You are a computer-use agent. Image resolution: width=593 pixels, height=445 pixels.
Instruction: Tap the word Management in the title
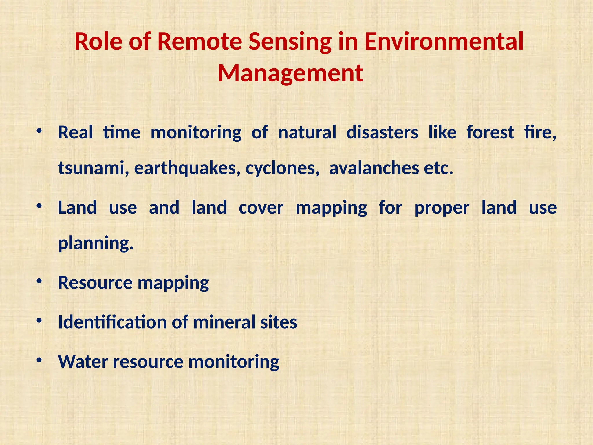coord(290,73)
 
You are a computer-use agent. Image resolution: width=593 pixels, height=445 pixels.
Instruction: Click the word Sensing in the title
coord(290,41)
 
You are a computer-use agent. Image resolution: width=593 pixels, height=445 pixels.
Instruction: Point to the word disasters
coord(382,132)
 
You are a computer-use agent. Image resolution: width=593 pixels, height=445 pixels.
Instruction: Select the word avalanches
coord(374,168)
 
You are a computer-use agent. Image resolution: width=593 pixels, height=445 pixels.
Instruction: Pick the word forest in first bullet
coord(490,132)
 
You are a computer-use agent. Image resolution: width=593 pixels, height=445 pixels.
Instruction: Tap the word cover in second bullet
coord(261,208)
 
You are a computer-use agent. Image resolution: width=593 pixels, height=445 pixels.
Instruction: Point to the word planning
coord(96,243)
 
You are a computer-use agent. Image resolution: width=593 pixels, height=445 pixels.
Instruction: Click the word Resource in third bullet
coord(95,283)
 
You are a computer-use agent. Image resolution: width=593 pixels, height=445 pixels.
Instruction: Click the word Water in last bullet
coord(83,362)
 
